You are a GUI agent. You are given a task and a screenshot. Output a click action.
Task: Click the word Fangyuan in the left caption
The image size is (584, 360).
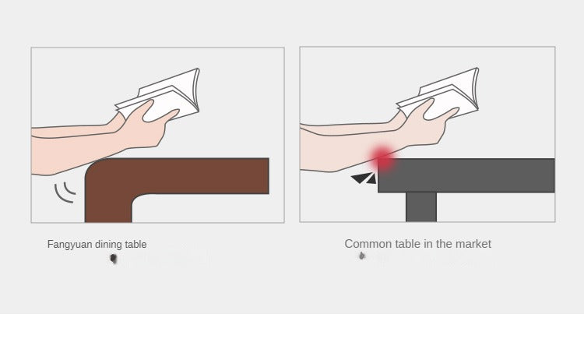pyautogui.click(x=69, y=245)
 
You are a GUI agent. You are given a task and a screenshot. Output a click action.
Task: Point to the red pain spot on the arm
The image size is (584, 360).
pyautogui.click(x=382, y=159)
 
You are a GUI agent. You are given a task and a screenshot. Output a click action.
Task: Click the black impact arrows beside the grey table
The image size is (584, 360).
pyautogui.click(x=364, y=178)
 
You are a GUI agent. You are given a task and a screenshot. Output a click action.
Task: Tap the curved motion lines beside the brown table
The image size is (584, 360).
pyautogui.click(x=65, y=192)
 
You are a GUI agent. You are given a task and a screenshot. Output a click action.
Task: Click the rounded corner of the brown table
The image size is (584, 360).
pyautogui.click(x=94, y=167)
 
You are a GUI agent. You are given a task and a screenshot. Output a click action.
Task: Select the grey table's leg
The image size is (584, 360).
pyautogui.click(x=421, y=206)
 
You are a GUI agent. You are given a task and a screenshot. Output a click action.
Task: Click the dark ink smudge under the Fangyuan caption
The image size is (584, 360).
pyautogui.click(x=114, y=258)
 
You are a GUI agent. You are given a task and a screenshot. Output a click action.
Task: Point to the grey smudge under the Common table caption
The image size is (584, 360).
pyautogui.click(x=361, y=256)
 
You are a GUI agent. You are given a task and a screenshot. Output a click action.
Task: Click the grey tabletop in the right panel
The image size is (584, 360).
pyautogui.click(x=466, y=175)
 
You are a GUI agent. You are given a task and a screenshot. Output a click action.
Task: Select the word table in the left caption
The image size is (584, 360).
pyautogui.click(x=136, y=245)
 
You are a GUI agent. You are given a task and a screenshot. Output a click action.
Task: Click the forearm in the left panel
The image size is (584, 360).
pyautogui.click(x=75, y=149)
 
